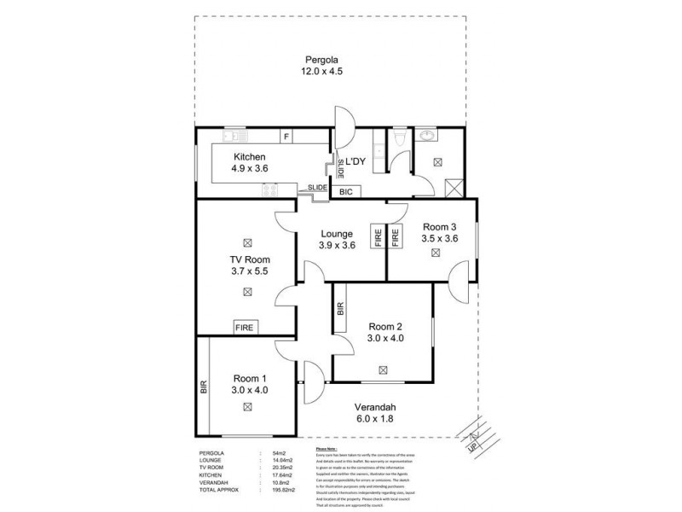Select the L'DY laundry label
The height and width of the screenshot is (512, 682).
[356, 160]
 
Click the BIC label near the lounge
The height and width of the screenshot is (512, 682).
[346, 192]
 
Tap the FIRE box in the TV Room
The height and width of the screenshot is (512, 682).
[245, 327]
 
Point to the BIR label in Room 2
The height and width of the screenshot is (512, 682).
[340, 311]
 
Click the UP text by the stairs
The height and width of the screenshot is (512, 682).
[471, 445]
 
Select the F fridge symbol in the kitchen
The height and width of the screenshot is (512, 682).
[286, 137]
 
